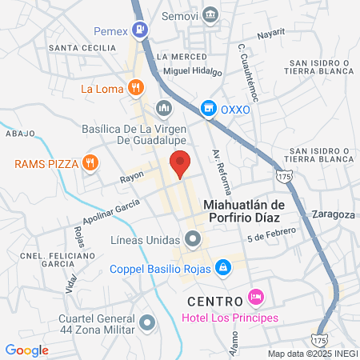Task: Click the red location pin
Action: click(x=180, y=163)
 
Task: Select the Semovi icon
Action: click(x=210, y=14)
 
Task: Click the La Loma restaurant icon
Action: click(x=137, y=87)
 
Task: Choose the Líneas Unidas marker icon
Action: click(x=192, y=238)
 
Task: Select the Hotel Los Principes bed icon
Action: click(x=256, y=297)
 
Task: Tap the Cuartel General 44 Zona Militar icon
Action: click(x=146, y=323)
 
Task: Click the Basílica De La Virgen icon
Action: click(x=164, y=108)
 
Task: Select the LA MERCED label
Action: click(x=177, y=57)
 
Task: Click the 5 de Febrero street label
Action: click(x=271, y=234)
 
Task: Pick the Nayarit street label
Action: click(x=270, y=35)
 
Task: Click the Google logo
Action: click(x=26, y=350)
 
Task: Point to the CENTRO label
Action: click(x=215, y=301)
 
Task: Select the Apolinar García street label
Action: click(x=105, y=211)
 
